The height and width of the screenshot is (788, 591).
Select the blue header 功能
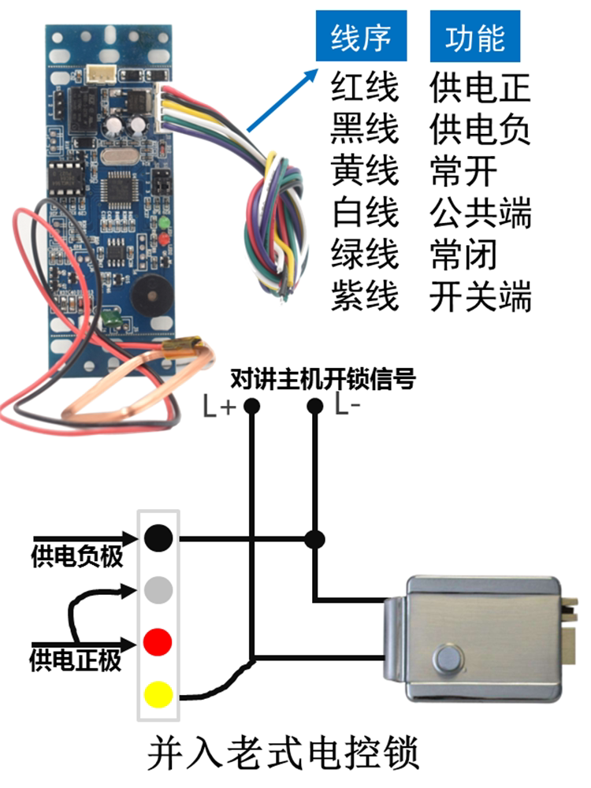click(x=476, y=38)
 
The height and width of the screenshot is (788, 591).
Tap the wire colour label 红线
click(x=365, y=87)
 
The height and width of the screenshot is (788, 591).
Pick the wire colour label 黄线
click(x=365, y=171)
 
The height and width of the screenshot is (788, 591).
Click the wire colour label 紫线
click(x=365, y=298)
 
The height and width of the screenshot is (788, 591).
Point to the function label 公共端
click(x=481, y=214)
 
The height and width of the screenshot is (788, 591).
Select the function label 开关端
click(x=481, y=298)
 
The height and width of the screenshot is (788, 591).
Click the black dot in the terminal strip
click(x=158, y=539)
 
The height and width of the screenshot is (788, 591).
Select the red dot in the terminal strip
click(x=158, y=641)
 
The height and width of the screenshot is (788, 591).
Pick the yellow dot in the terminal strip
click(x=158, y=694)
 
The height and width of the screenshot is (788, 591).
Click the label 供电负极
click(x=77, y=558)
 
